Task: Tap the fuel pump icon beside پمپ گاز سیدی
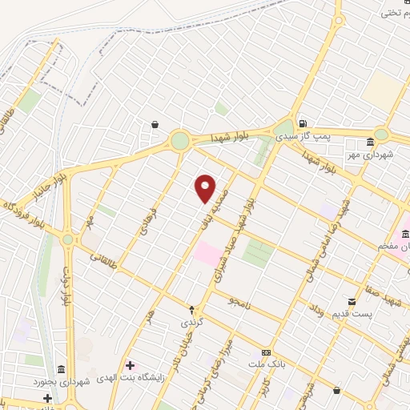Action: click(x=303, y=124)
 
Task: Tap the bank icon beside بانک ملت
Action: click(x=266, y=353)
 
